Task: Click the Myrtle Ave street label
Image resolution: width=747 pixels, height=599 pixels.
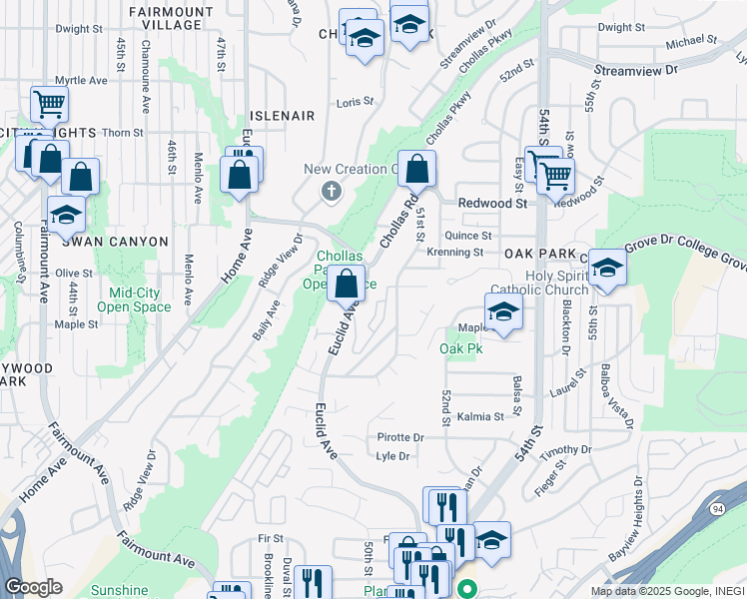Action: click(x=82, y=79)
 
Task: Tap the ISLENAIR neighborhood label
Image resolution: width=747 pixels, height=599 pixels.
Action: click(x=282, y=117)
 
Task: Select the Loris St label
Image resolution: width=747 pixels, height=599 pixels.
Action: click(x=355, y=102)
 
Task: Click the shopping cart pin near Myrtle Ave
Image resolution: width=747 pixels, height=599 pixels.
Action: click(x=48, y=103)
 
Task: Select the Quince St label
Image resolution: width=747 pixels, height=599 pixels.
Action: click(x=468, y=236)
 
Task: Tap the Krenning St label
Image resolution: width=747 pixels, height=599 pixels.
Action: click(x=454, y=253)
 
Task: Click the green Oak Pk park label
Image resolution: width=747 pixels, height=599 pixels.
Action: click(x=461, y=348)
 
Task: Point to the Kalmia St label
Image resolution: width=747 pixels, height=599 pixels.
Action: click(x=480, y=416)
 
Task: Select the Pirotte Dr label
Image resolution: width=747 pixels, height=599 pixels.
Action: click(x=400, y=437)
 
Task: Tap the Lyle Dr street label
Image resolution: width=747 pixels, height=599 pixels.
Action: click(x=393, y=456)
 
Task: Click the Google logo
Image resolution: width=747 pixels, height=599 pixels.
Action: click(x=33, y=587)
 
